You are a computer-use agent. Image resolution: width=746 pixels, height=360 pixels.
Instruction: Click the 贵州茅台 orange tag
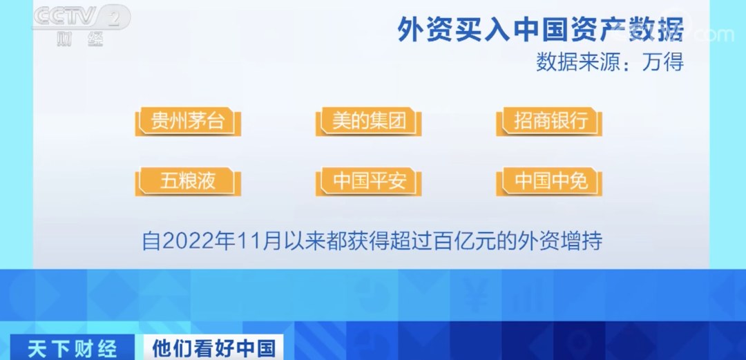coord(188,122)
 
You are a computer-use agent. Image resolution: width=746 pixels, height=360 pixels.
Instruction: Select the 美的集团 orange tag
coord(369,122)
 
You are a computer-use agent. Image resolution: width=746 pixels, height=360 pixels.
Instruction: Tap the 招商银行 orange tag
coord(550,122)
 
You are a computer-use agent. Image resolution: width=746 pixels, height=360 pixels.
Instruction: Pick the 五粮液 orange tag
coord(188,182)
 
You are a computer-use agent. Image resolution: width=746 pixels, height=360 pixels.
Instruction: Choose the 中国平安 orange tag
coord(369,182)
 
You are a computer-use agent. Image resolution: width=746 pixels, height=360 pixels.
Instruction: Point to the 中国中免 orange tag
coord(550,182)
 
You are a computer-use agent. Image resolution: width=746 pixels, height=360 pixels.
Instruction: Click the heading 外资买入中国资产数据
coord(540,29)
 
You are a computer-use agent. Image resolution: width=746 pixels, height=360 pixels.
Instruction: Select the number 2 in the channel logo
coord(114,18)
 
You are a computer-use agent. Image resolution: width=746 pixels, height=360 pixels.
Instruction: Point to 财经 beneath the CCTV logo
coord(79,39)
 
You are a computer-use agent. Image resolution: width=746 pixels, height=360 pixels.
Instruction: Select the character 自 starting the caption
coord(151,241)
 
